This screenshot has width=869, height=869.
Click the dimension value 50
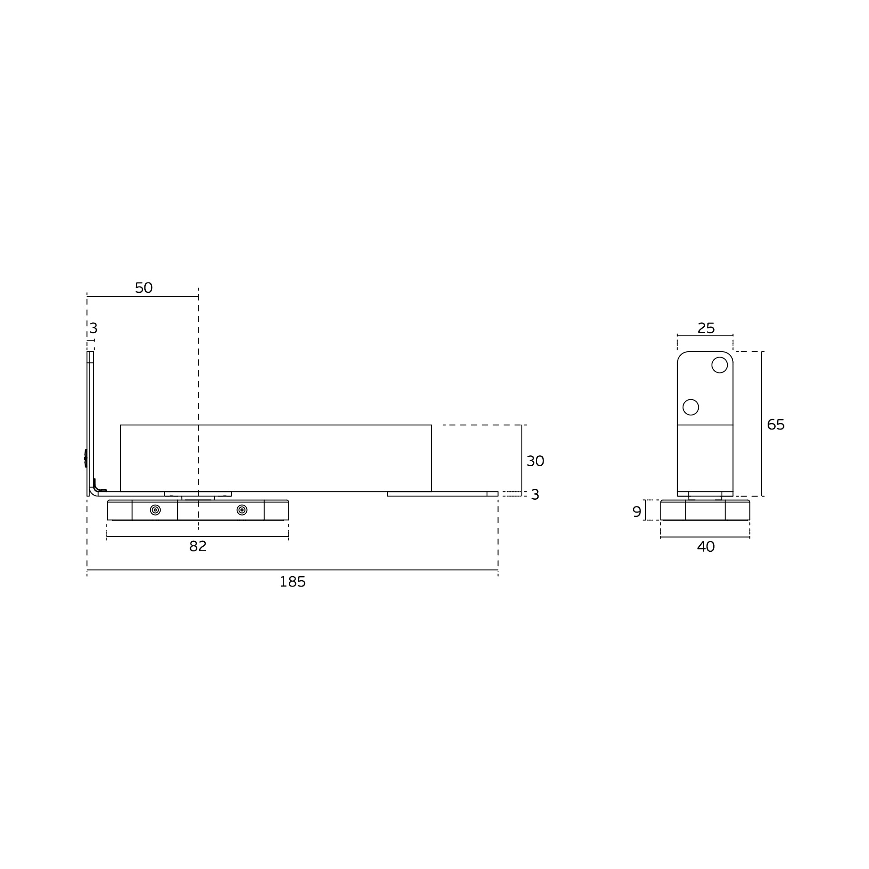coord(143,288)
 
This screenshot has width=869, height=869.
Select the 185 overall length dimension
coord(292,582)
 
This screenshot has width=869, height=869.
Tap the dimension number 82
coord(198,547)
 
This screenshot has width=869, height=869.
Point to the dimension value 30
coord(535,461)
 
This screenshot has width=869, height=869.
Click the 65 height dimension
coord(775,425)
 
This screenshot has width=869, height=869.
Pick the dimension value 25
coord(706,328)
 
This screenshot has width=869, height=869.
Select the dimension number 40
coord(706,547)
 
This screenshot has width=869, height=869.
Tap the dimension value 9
coord(637,512)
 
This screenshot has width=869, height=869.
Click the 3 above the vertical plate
coord(93,328)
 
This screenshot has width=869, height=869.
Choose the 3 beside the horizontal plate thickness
coord(535,495)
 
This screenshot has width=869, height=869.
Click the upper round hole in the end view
coord(719,365)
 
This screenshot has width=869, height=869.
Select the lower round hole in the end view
coord(691,407)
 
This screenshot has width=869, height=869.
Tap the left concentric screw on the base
coord(155,510)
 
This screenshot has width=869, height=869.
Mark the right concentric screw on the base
coord(242,510)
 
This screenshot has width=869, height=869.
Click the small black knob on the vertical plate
coord(86,458)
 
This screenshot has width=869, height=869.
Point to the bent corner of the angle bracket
coord(93,492)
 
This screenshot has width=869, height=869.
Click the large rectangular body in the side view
coord(276,458)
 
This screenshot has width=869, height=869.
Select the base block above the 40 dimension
coord(705,511)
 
